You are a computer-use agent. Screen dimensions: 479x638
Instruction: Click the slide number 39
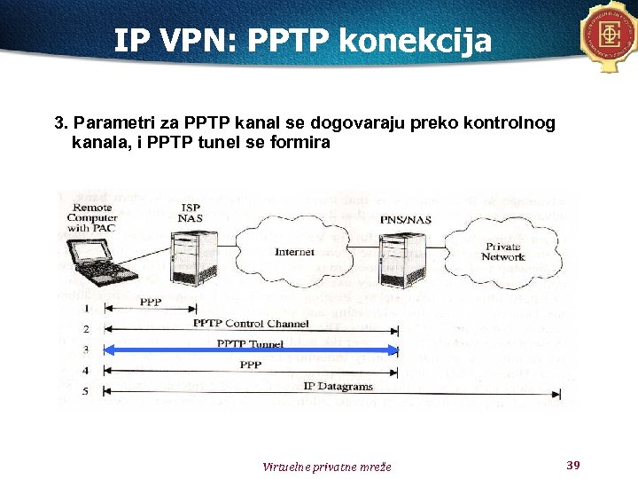[572, 465]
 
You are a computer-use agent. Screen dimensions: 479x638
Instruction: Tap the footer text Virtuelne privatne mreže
[326, 467]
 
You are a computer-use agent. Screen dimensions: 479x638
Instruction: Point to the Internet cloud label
[294, 252]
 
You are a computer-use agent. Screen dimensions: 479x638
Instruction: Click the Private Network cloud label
[502, 252]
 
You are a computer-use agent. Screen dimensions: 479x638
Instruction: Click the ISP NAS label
[190, 213]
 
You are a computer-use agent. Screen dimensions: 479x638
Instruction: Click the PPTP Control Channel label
[251, 324]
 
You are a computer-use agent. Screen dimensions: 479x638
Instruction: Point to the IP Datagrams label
[338, 387]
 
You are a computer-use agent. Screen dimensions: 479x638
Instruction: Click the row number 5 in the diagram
[85, 391]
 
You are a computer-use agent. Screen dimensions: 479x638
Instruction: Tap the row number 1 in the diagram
[85, 308]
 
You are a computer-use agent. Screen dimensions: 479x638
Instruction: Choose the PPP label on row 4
[251, 365]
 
